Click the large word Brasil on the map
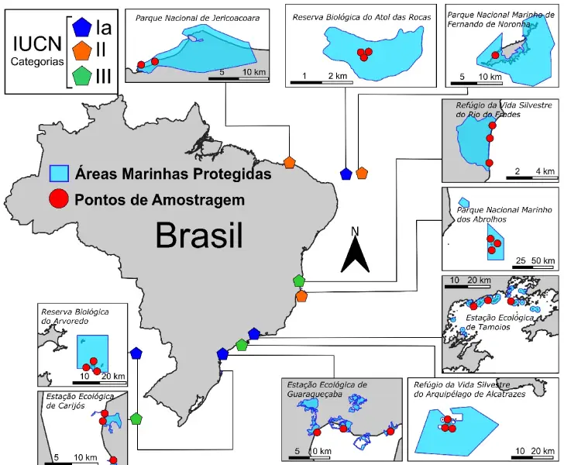(199, 234)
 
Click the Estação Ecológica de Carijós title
(80, 401)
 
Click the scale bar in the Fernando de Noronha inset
(478, 83)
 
